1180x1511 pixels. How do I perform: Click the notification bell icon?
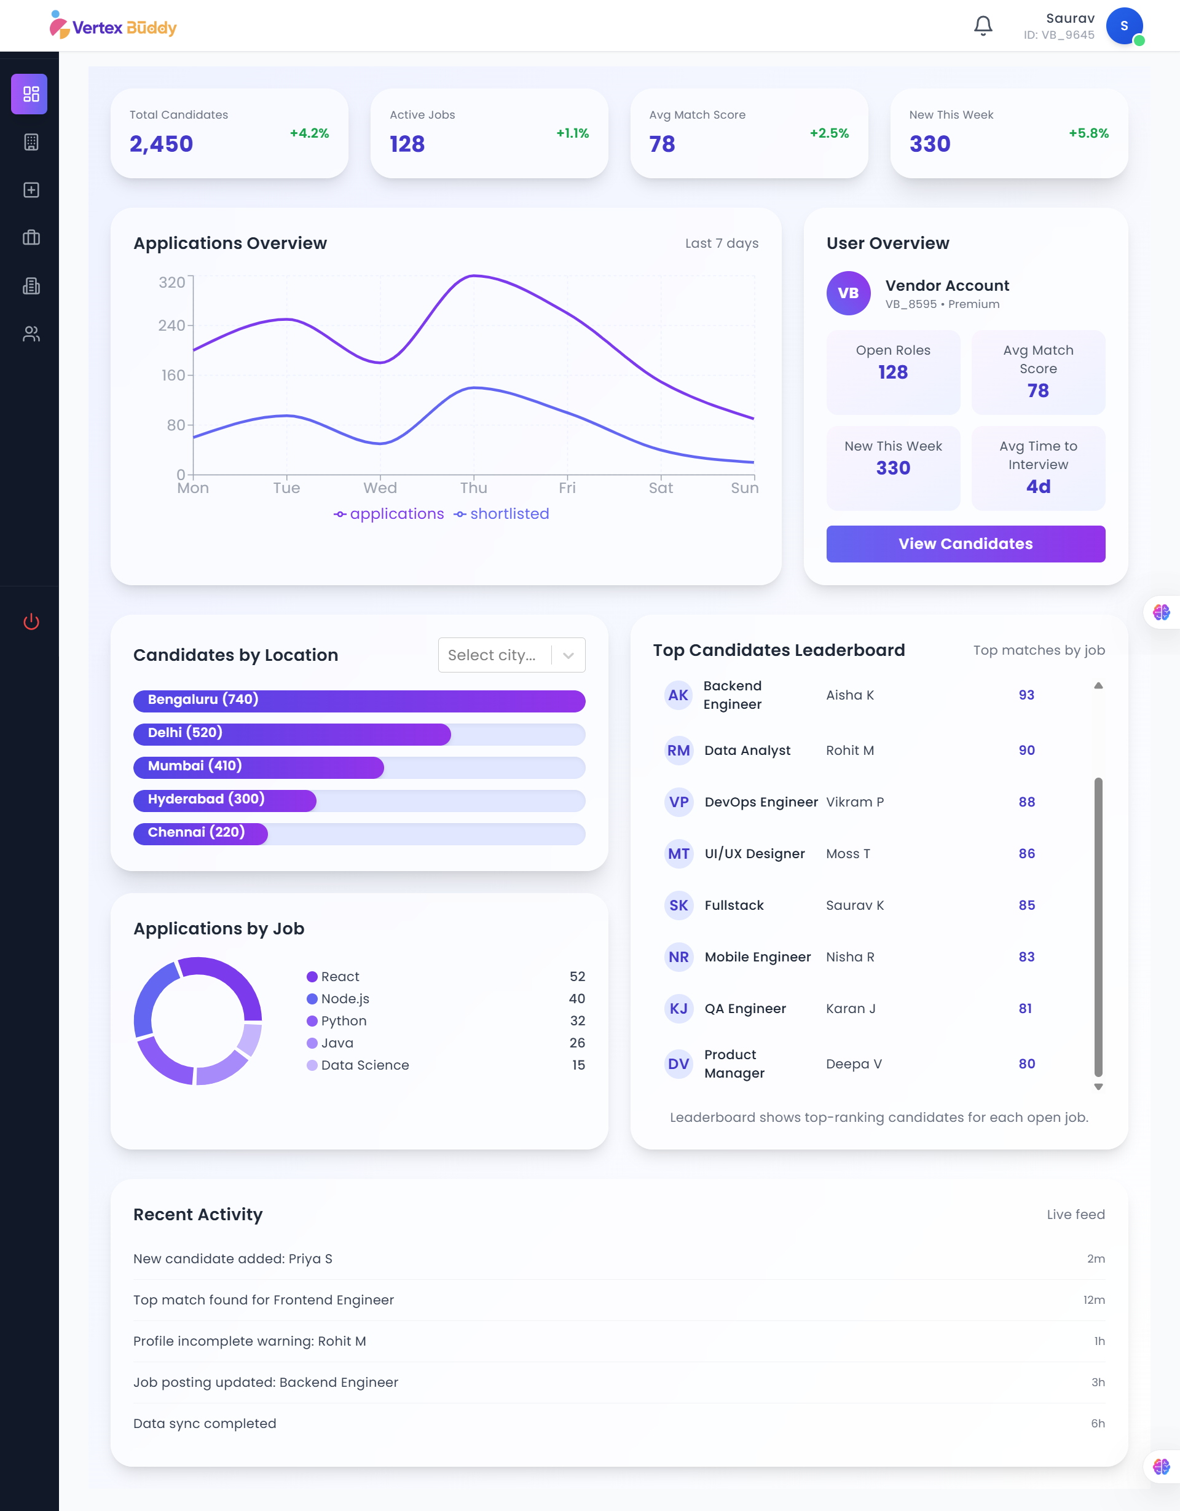pos(982,26)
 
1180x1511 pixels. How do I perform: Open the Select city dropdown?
pos(511,655)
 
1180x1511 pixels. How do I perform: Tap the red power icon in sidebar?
pos(31,621)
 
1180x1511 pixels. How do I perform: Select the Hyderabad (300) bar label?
pos(206,799)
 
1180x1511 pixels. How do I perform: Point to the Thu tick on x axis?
pos(474,487)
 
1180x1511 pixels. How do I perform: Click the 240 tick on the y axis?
pos(171,325)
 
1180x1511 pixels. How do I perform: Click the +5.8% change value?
pos(1088,133)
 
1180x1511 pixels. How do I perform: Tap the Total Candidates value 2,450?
pos(161,144)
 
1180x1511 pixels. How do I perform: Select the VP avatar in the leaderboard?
pos(678,802)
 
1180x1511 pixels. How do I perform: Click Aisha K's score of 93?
pos(1026,695)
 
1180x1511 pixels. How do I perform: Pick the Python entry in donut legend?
pos(343,1020)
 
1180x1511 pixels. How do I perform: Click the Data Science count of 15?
pos(578,1065)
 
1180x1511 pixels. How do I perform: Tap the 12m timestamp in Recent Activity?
pos(1093,1300)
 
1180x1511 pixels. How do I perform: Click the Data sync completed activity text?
pos(205,1423)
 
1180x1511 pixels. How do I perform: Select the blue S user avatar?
pos(1123,26)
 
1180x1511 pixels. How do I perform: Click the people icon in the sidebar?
pos(31,334)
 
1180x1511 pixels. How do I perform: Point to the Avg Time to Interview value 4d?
pos(1037,486)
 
